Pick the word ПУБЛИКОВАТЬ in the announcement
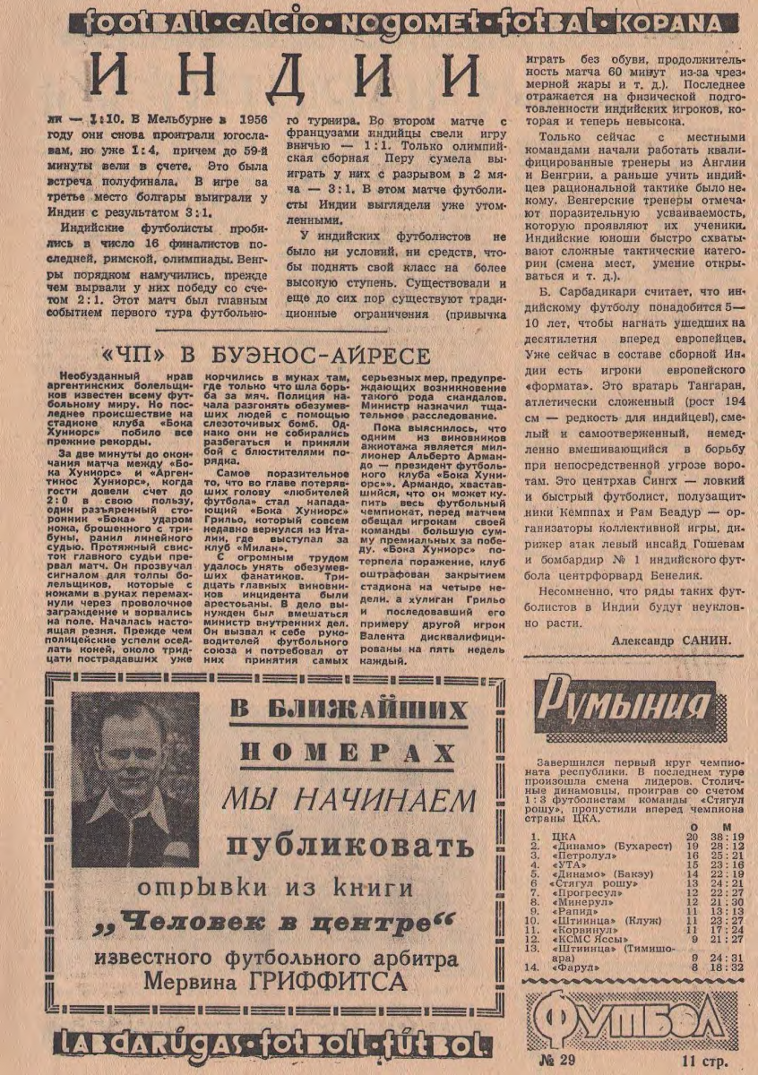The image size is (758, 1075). tap(349, 846)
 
